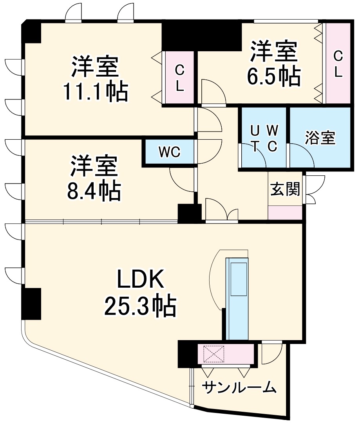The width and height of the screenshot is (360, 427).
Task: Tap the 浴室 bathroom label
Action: click(320, 138)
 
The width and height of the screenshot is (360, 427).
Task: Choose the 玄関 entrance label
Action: click(285, 189)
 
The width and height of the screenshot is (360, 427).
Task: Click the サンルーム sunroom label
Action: click(239, 387)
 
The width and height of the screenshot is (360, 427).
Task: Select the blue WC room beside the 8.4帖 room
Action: click(169, 152)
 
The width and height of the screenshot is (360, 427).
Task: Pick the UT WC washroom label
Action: click(264, 138)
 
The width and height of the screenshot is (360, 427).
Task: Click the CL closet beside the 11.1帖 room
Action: click(179, 78)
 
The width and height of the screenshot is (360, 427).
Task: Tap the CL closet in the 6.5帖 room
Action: click(338, 63)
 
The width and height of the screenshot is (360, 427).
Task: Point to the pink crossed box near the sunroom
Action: click(213, 354)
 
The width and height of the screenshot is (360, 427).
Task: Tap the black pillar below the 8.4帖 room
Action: click(189, 213)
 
